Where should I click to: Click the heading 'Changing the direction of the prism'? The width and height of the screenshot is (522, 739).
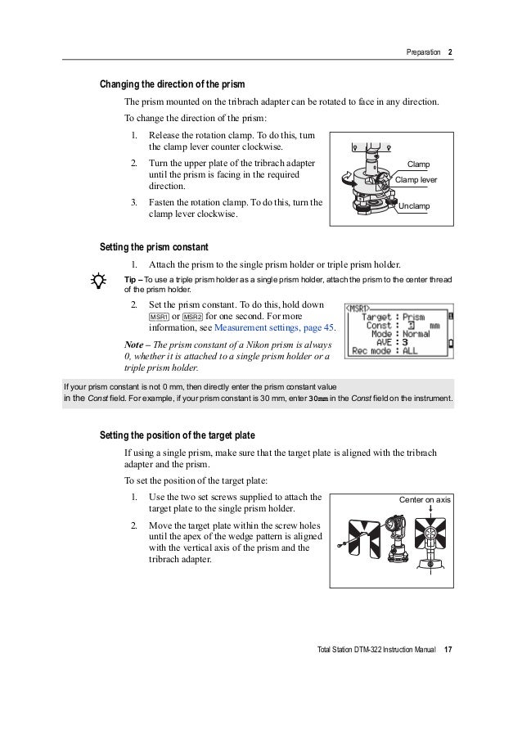[172, 84]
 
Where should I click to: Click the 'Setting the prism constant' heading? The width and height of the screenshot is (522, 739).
[154, 247]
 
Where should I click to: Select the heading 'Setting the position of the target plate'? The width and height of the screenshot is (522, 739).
[178, 435]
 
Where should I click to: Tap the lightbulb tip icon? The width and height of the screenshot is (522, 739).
[98, 281]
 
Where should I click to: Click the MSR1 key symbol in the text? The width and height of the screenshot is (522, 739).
[159, 317]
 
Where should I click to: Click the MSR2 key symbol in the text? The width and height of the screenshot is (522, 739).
[193, 317]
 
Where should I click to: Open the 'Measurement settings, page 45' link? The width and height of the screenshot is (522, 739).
[274, 327]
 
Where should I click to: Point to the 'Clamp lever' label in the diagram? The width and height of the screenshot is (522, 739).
[416, 179]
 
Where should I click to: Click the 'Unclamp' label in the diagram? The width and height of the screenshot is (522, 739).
[414, 206]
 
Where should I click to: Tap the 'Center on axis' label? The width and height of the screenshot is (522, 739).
[425, 499]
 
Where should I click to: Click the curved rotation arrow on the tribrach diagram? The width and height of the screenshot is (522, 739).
[347, 178]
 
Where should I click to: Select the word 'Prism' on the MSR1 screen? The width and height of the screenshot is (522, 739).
[414, 318]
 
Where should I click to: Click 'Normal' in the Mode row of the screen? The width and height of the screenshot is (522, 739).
[416, 334]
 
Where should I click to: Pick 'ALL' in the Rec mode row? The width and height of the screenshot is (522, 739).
[410, 351]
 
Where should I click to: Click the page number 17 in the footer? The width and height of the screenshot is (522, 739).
[448, 650]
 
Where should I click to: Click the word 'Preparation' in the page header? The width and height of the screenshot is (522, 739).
[423, 52]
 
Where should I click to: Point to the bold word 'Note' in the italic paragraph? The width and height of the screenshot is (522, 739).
[134, 345]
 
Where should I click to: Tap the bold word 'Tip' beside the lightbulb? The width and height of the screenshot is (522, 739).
[130, 280]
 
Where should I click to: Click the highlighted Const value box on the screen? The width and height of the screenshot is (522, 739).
[412, 326]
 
